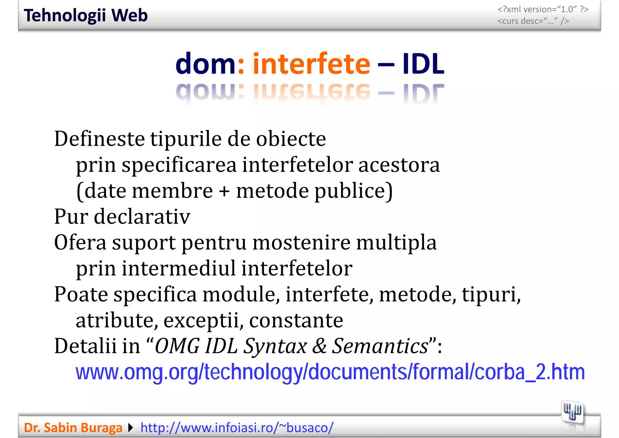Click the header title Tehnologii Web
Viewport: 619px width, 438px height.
coord(86,15)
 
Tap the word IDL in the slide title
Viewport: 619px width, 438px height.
coord(423,64)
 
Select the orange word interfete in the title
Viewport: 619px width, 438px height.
coord(311,64)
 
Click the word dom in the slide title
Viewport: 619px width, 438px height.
coord(205,64)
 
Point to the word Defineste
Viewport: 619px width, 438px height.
coord(99,139)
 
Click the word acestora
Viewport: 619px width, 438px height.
coord(399,165)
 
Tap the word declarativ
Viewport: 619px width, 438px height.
coord(142,217)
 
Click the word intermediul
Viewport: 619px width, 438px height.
coord(178,269)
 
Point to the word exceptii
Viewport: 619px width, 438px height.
coord(203,321)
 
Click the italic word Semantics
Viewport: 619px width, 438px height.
coord(380,346)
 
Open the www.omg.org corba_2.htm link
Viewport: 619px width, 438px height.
coord(330,372)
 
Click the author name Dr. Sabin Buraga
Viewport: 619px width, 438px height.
coord(73,428)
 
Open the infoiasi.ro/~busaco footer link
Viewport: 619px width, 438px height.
coord(237,428)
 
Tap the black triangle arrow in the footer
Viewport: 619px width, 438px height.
coord(131,428)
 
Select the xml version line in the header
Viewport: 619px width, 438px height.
coord(543,9)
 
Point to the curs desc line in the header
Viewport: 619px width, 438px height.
coord(533,21)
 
